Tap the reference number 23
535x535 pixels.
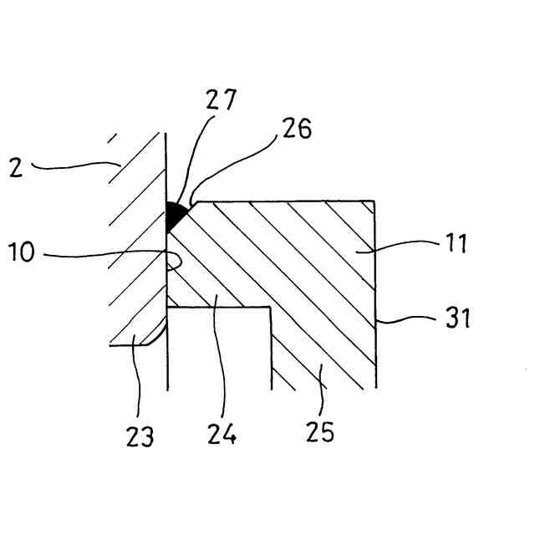[x=140, y=436]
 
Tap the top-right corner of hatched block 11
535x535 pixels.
[x=373, y=202]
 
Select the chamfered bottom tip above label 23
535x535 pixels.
[x=150, y=339]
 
